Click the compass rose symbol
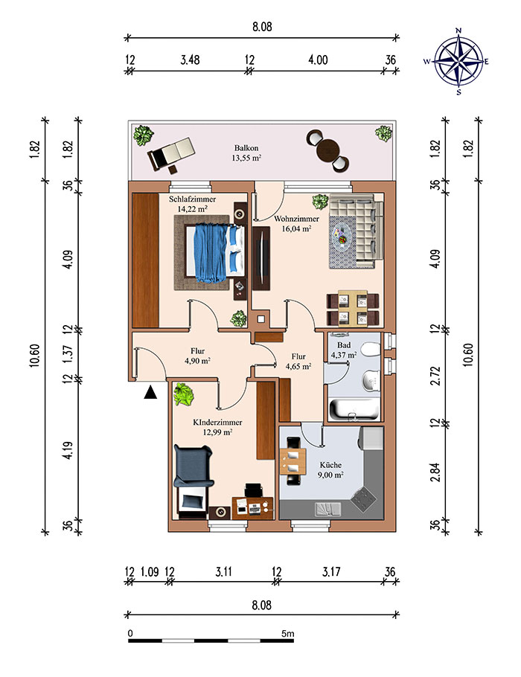[x=458, y=61]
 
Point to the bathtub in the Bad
[x=354, y=409]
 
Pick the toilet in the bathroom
[x=371, y=350]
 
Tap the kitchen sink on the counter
[x=328, y=509]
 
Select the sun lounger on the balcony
[x=170, y=154]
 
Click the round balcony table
[x=328, y=151]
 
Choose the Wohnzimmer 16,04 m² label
[x=296, y=224]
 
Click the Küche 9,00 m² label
[x=331, y=469]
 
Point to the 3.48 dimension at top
[x=190, y=60]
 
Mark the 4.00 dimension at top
[x=318, y=60]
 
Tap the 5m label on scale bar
[x=288, y=634]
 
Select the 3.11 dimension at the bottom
[x=223, y=571]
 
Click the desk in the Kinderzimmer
[x=253, y=508]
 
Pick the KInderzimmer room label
[x=217, y=426]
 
